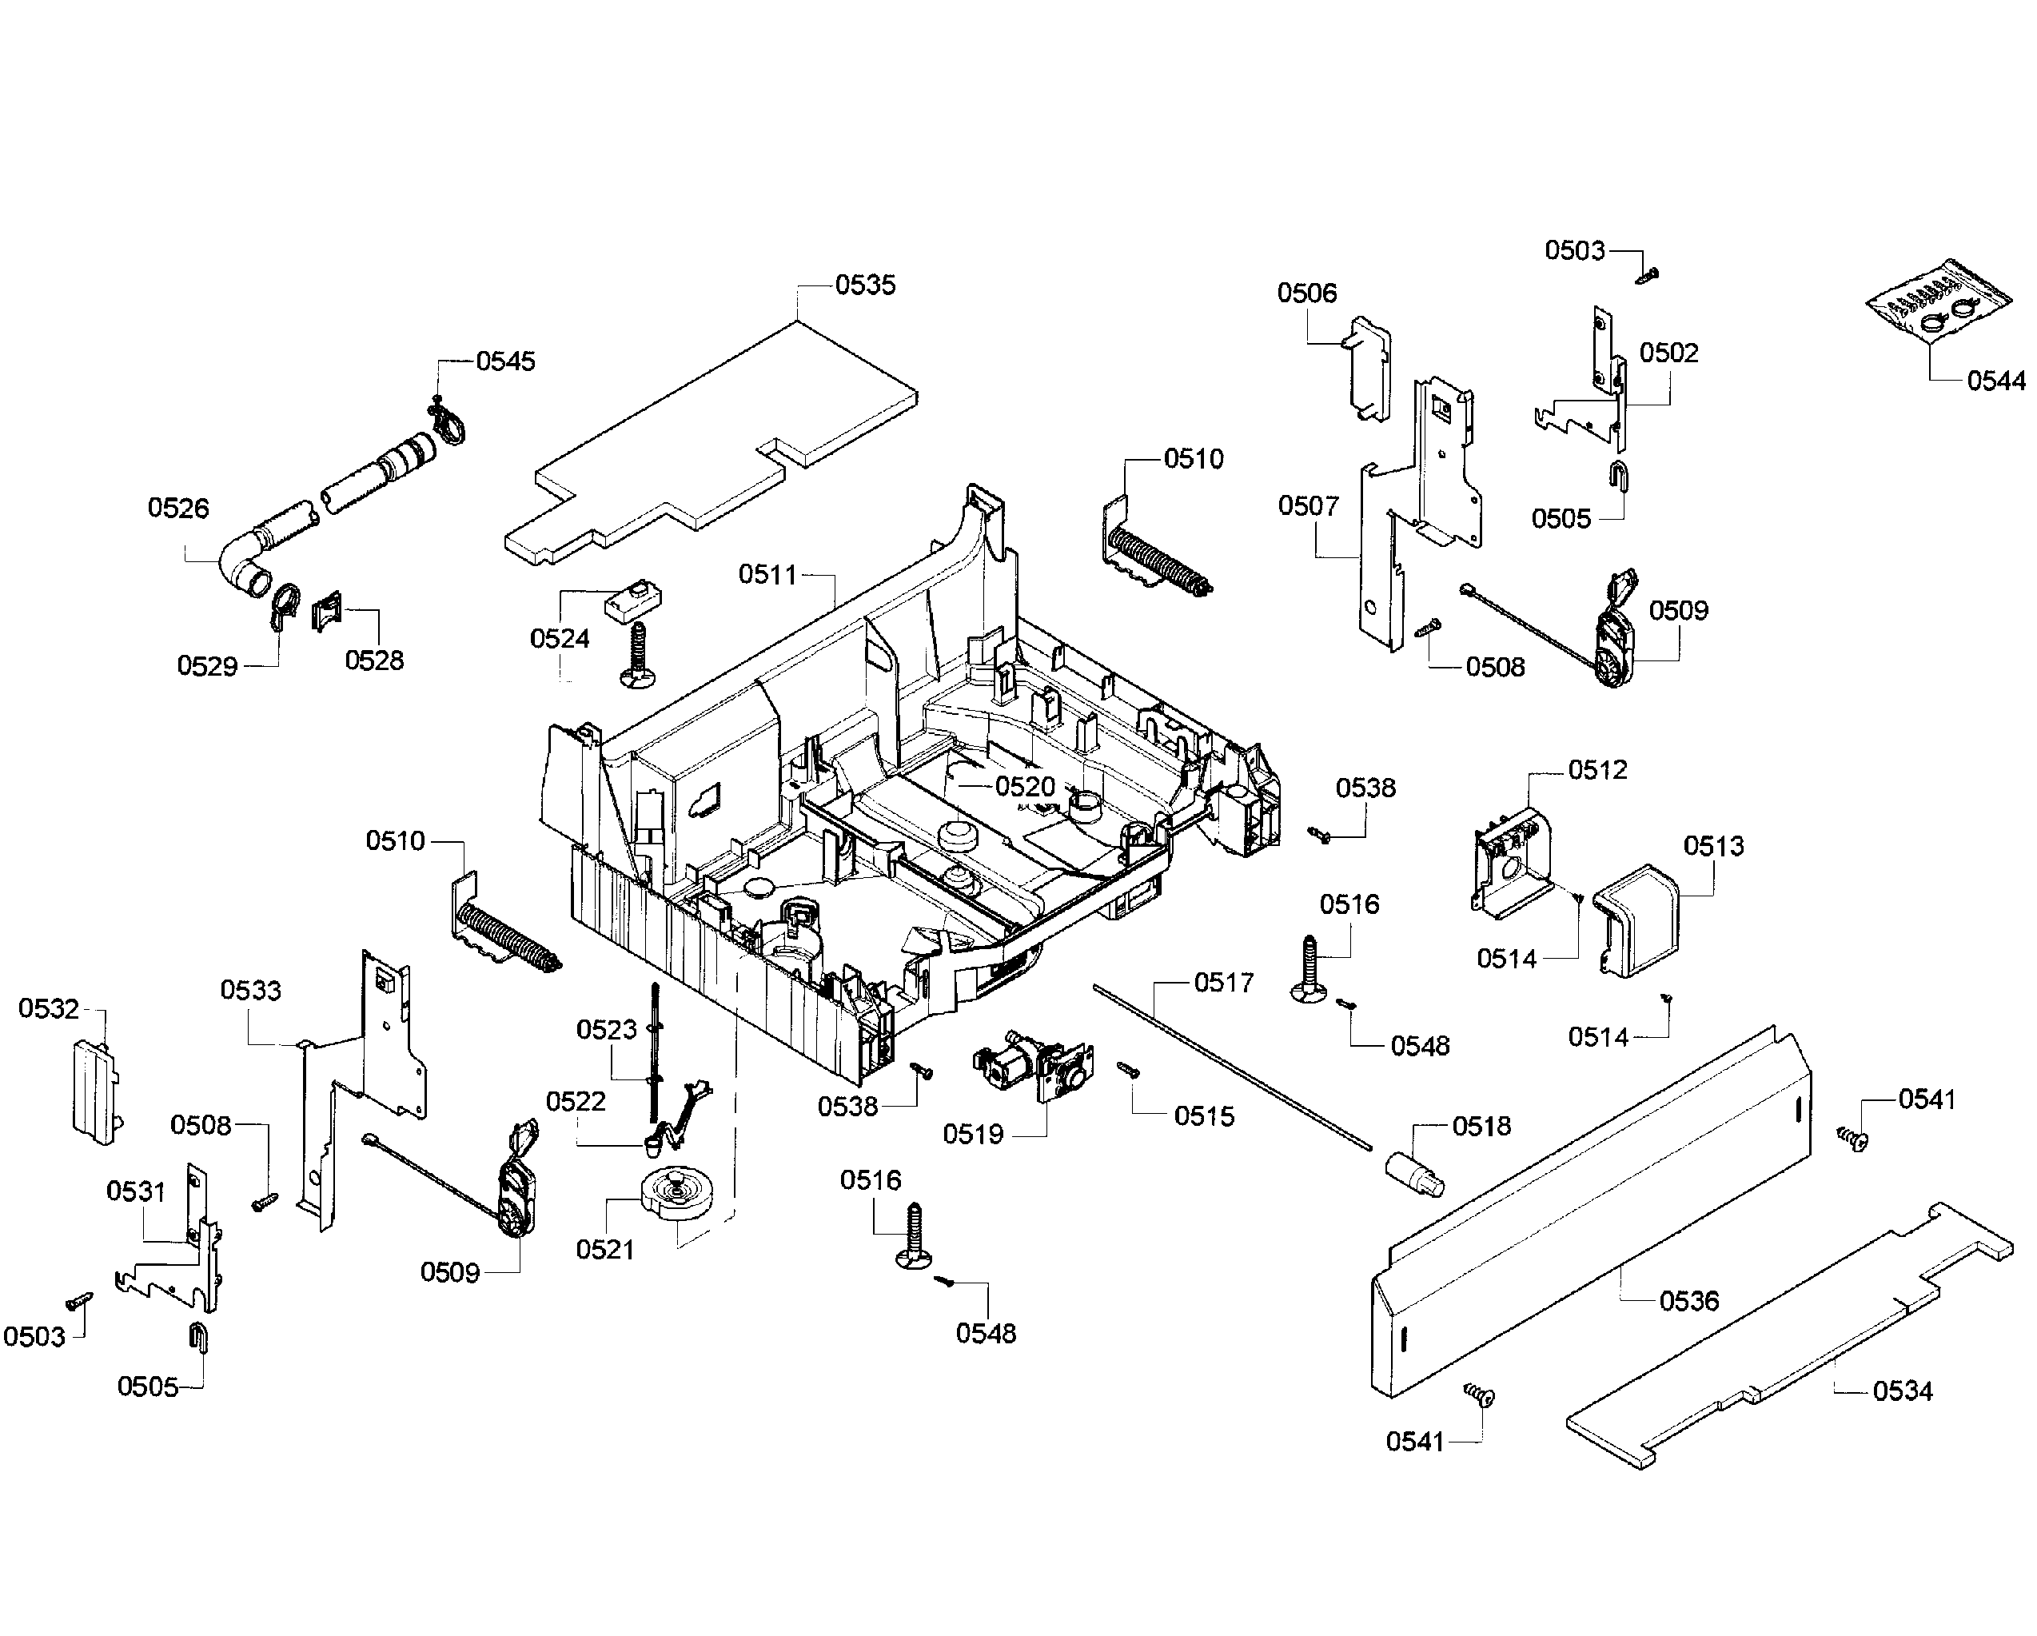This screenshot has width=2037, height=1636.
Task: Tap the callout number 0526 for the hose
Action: pyautogui.click(x=177, y=509)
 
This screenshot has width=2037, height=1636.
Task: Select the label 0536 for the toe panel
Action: pyautogui.click(x=1688, y=1302)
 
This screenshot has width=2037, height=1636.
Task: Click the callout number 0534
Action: pyautogui.click(x=1902, y=1391)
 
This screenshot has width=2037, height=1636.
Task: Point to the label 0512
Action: pyautogui.click(x=1597, y=770)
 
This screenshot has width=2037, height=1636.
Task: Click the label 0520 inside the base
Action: pyautogui.click(x=1024, y=786)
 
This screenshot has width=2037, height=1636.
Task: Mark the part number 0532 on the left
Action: pyautogui.click(x=48, y=1009)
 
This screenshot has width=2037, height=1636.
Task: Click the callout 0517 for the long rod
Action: pyautogui.click(x=1223, y=983)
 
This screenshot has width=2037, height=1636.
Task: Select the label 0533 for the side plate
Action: pyautogui.click(x=250, y=991)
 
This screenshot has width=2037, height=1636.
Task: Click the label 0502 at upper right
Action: pyautogui.click(x=1668, y=353)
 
